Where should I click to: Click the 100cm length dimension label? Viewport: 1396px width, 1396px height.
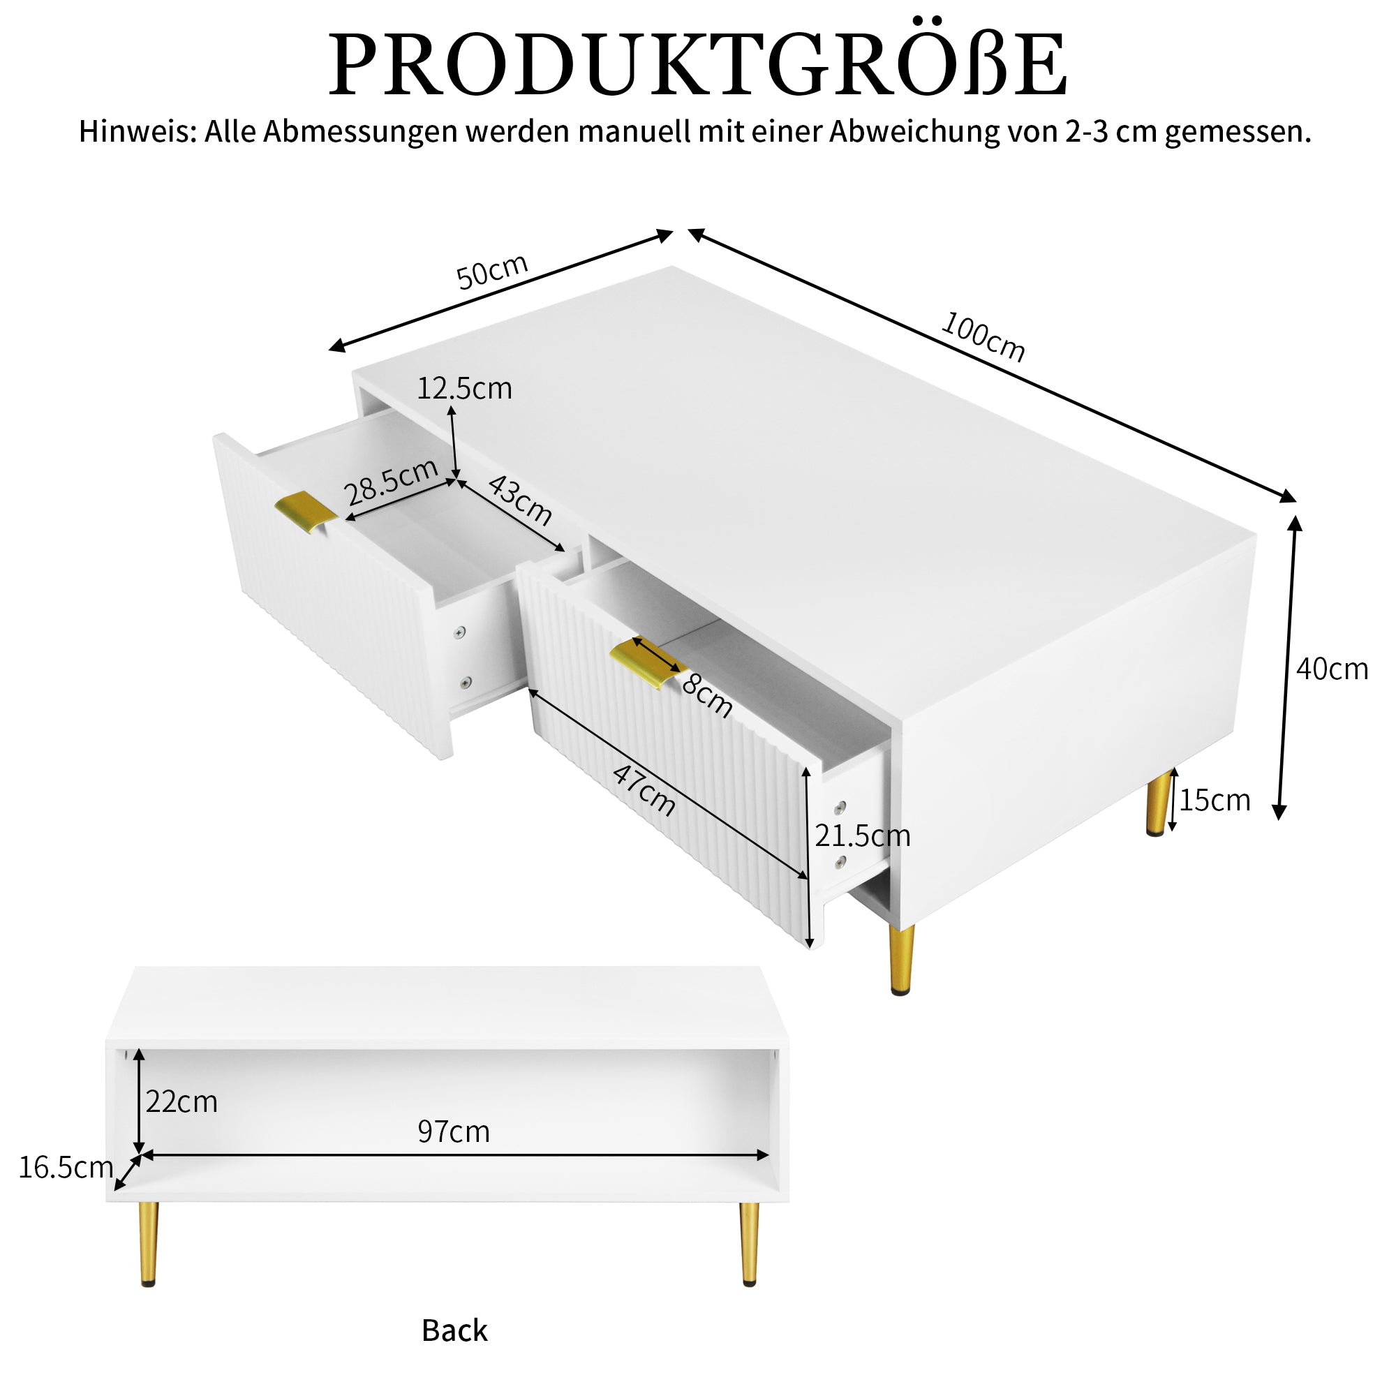(x=983, y=336)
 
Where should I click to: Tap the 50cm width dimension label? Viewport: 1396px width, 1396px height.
(x=492, y=271)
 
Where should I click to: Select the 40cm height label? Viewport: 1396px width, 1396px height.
(x=1332, y=669)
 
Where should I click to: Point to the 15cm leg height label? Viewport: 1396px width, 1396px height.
(x=1215, y=801)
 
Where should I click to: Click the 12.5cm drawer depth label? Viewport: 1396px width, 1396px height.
(x=465, y=389)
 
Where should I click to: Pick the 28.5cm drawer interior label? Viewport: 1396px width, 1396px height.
(x=391, y=482)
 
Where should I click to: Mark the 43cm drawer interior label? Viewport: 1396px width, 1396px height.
(x=520, y=500)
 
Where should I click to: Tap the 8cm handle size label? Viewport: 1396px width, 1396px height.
(x=707, y=695)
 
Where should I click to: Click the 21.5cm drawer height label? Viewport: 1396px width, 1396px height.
(x=862, y=836)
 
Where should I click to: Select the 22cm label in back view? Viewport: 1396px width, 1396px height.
(x=181, y=1102)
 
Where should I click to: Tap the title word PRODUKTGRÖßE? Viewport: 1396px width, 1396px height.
(x=698, y=65)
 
